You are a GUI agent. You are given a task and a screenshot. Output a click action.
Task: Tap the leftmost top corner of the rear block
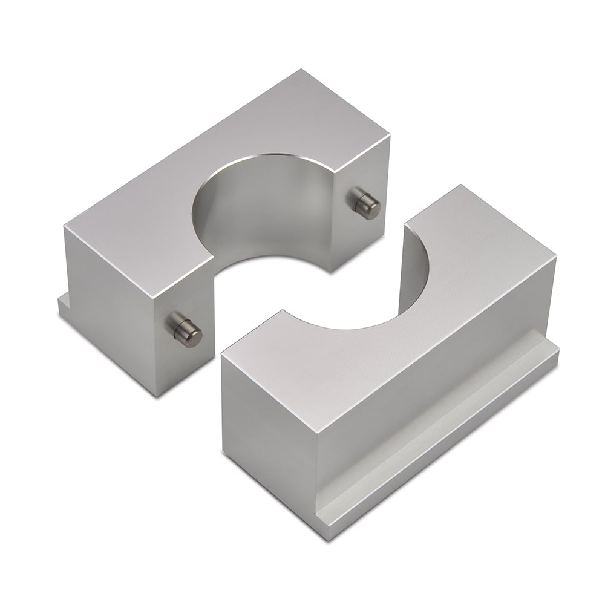[x=64, y=225]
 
